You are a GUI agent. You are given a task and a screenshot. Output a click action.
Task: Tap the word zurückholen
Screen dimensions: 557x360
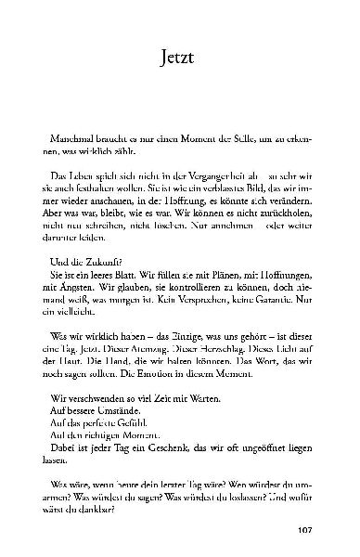[289, 211]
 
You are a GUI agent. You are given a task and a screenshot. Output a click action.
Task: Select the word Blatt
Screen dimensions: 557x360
[127, 275]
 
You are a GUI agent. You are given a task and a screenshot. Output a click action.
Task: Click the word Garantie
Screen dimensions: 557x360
[272, 299]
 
